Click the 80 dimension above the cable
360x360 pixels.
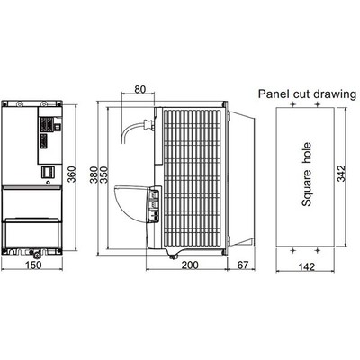click(x=139, y=89)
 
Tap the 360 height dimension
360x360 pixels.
click(x=72, y=174)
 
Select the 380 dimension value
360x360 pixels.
click(x=94, y=175)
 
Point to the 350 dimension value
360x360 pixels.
click(x=103, y=175)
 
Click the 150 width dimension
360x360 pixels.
click(x=33, y=265)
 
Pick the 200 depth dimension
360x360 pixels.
click(x=190, y=265)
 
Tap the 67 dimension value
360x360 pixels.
click(x=243, y=265)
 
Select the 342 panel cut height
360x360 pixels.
click(x=341, y=174)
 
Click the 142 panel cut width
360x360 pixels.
click(x=307, y=266)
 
